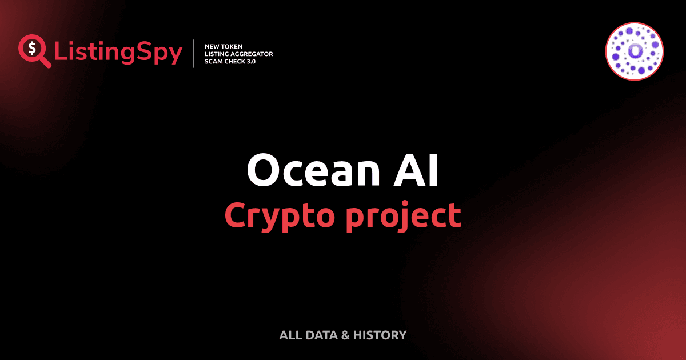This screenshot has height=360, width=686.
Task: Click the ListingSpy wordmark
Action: [x=118, y=53]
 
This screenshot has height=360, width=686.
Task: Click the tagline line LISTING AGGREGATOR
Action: [x=238, y=54]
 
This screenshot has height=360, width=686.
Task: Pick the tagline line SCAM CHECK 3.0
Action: [x=230, y=61]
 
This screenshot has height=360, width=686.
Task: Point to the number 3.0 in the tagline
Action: [x=250, y=61]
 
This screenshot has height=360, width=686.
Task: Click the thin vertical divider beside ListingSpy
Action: [x=194, y=54]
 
